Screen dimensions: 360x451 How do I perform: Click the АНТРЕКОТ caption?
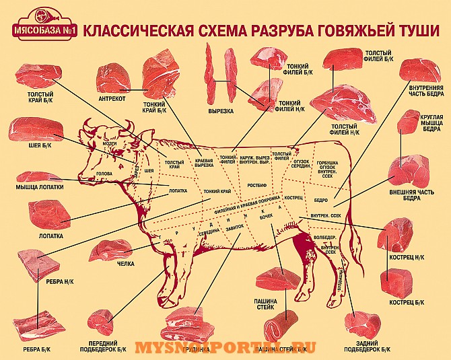[x=114, y=97]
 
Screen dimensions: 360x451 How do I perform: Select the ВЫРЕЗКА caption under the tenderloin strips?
[x=220, y=109]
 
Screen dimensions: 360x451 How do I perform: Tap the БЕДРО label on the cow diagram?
[x=320, y=201]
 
